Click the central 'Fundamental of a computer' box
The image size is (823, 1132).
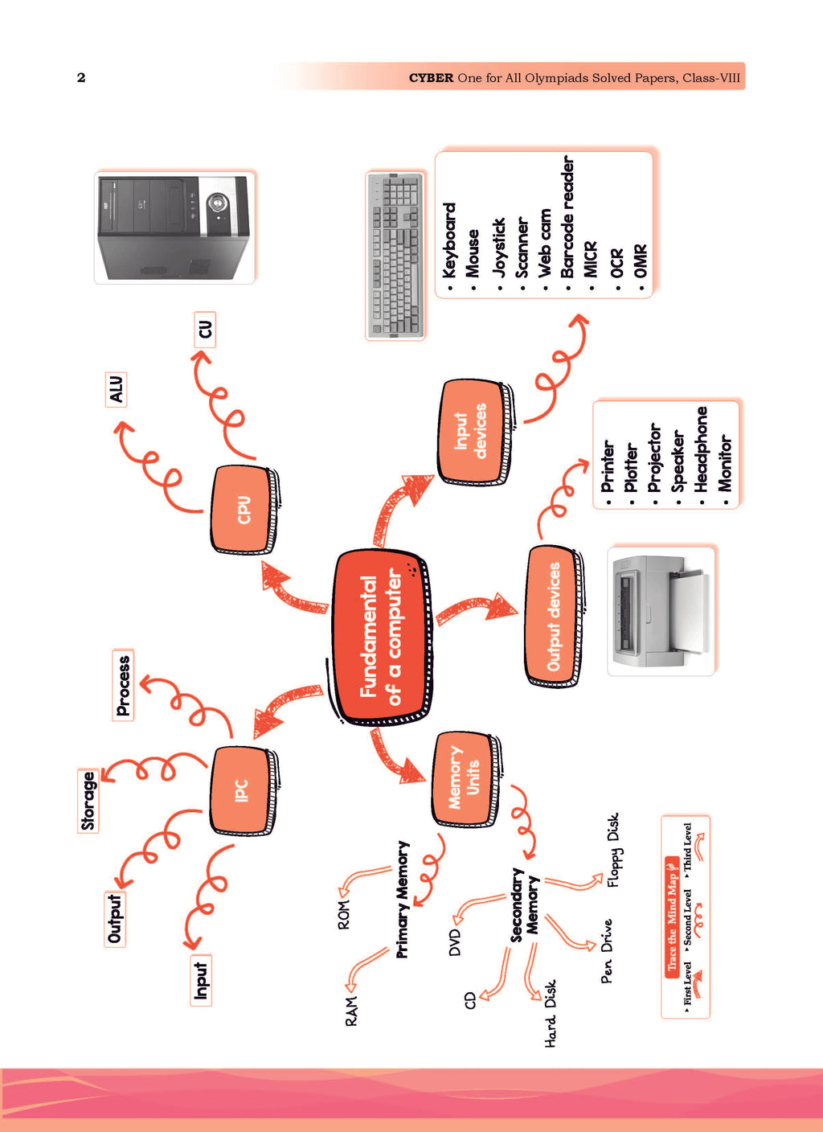(382, 638)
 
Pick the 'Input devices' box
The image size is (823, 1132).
(475, 432)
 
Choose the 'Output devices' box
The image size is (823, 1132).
(555, 616)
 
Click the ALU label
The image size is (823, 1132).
(117, 390)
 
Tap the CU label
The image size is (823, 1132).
(206, 330)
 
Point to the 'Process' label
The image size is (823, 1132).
(123, 685)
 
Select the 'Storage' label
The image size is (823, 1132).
(88, 801)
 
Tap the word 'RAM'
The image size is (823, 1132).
(352, 1011)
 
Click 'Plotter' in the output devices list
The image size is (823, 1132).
(631, 467)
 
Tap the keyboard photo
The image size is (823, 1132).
(395, 256)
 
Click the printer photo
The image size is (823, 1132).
(661, 611)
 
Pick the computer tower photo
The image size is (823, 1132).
(174, 227)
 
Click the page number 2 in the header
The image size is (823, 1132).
(81, 77)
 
